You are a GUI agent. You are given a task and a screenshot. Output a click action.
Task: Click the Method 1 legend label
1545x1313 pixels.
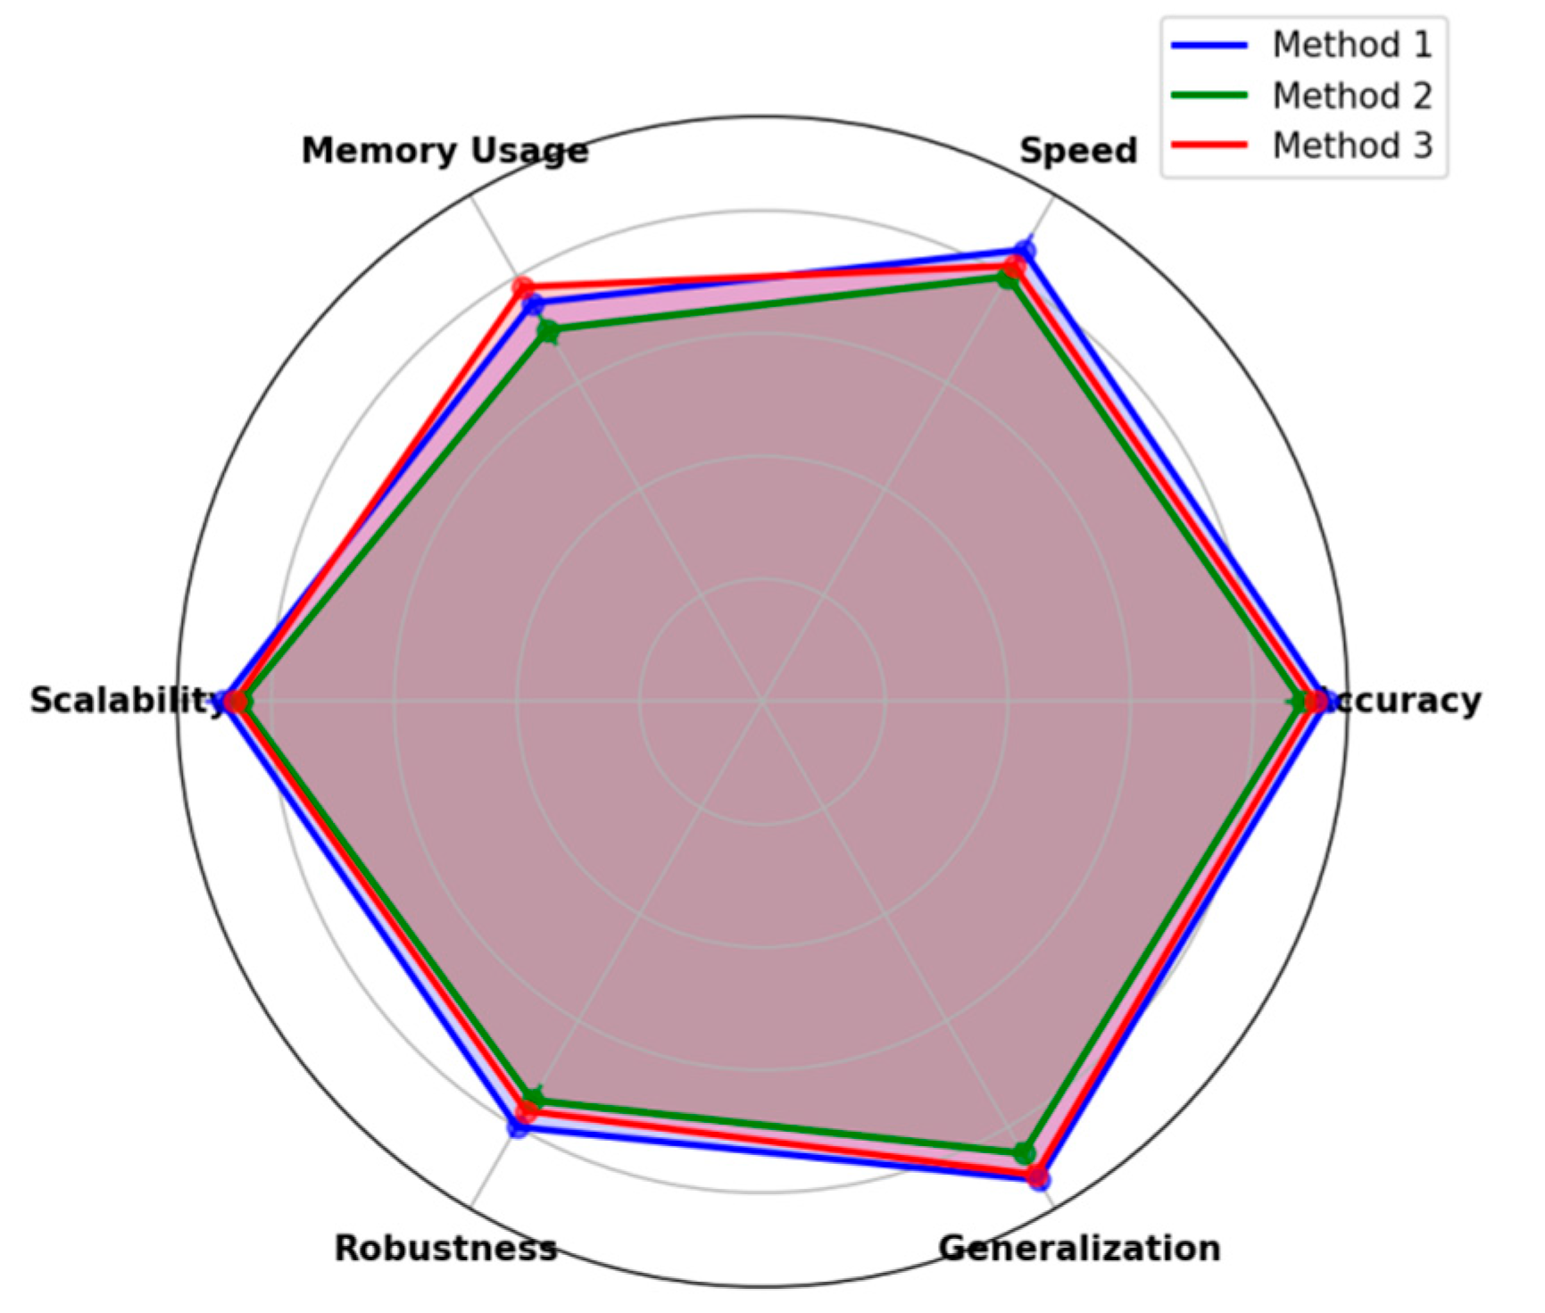coord(1351,45)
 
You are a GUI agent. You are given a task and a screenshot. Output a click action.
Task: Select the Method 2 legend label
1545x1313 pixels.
coord(1351,96)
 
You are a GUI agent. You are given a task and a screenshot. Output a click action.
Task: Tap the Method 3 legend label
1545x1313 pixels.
coord(1351,145)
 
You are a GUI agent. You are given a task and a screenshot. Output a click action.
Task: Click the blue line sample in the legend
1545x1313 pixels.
coord(1209,45)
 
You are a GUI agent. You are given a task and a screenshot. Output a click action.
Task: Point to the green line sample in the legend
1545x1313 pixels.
coord(1209,95)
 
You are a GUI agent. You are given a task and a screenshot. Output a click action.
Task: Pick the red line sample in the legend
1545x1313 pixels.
coord(1209,145)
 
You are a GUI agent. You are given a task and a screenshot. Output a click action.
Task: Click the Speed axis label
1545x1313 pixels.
coord(1078,151)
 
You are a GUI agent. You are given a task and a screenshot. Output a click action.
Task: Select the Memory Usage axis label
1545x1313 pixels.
coord(444,151)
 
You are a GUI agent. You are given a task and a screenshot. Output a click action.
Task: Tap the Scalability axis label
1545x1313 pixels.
coord(125,701)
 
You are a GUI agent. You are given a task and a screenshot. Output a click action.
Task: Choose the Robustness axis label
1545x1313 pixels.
coord(445,1248)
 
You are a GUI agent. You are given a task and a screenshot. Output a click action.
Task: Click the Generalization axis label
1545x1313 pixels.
coord(1079,1248)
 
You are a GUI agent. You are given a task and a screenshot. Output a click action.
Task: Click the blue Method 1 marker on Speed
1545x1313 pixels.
coord(1025,252)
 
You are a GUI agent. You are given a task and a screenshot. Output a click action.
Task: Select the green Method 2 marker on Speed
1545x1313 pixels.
coord(1008,278)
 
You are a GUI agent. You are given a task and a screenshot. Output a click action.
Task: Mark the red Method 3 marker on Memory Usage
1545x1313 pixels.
coord(522,289)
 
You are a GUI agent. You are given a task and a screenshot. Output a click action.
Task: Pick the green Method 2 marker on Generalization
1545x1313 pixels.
coord(1025,1152)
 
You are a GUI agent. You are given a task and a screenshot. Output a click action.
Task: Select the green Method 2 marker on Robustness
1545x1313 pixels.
coord(533,1097)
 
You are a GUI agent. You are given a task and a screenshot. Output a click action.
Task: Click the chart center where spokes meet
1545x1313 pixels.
coord(762,702)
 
